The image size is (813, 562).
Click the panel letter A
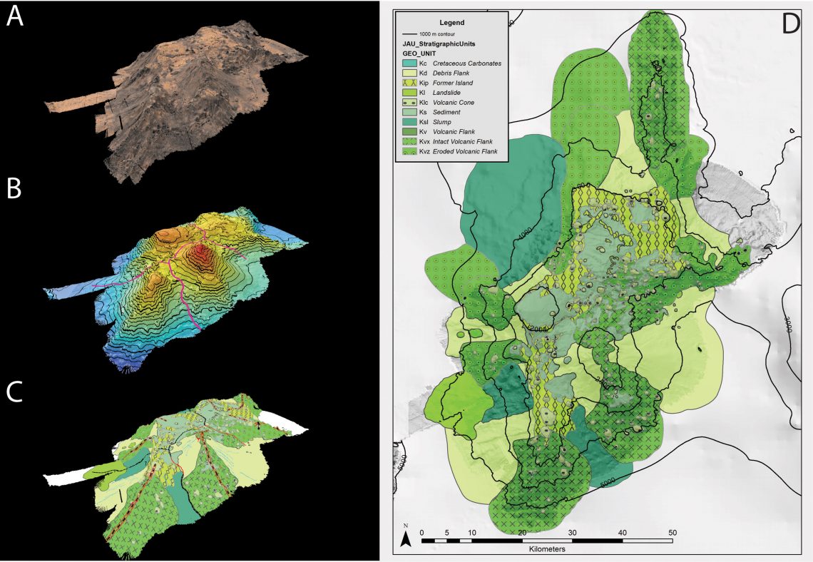tap(15, 17)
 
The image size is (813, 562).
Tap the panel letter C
tap(15, 392)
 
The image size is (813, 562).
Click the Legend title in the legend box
tap(451, 23)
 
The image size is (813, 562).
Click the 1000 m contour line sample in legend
tap(409, 34)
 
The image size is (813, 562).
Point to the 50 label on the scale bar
tap(672, 531)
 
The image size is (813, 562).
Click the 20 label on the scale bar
tap(522, 531)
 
